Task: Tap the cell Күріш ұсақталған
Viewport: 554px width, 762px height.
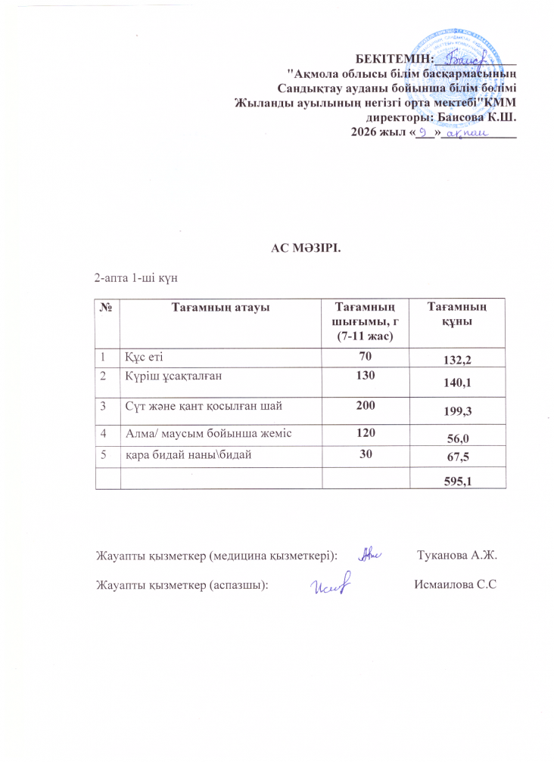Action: coord(174,374)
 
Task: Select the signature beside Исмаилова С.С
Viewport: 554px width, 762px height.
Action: coord(333,583)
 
